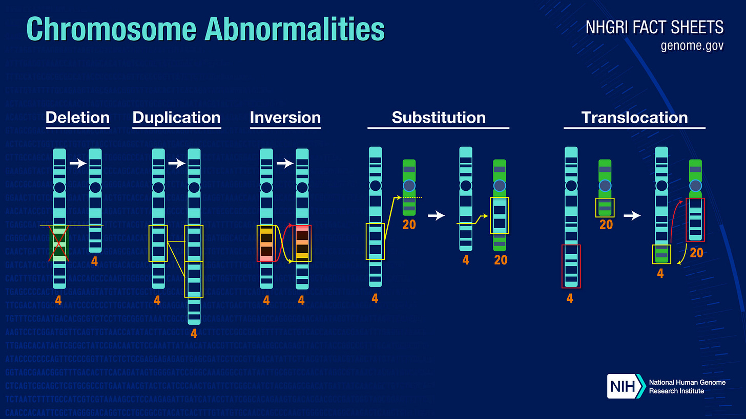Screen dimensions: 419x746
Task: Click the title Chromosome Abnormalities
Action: pyautogui.click(x=205, y=29)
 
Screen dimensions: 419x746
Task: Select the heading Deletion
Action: pyautogui.click(x=77, y=118)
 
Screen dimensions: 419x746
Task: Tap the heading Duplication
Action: pyautogui.click(x=176, y=118)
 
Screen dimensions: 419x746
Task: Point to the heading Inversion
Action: pyautogui.click(x=285, y=118)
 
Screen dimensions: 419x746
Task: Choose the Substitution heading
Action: pyautogui.click(x=438, y=118)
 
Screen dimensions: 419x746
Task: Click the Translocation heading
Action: pyautogui.click(x=634, y=118)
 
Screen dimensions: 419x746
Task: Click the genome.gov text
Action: pyautogui.click(x=692, y=46)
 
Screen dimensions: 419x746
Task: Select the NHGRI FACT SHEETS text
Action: pyautogui.click(x=654, y=27)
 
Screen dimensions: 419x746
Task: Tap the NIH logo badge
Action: pyautogui.click(x=625, y=386)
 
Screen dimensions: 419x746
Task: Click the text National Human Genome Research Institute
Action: pyautogui.click(x=687, y=387)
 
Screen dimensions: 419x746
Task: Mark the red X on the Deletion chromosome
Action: pyautogui.click(x=59, y=244)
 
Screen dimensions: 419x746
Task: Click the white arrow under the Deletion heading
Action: pyautogui.click(x=78, y=164)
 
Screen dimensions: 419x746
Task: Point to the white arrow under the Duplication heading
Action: pyautogui.click(x=177, y=164)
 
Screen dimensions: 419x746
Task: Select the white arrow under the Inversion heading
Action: pyautogui.click(x=285, y=164)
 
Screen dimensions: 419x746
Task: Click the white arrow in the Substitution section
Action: pyautogui.click(x=436, y=216)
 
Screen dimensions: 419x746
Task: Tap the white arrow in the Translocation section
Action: pyautogui.click(x=635, y=216)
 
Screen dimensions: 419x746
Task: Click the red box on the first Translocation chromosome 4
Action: pyautogui.click(x=571, y=266)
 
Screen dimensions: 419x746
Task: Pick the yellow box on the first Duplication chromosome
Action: pyautogui.click(x=158, y=243)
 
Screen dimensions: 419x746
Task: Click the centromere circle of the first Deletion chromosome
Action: pyautogui.click(x=59, y=187)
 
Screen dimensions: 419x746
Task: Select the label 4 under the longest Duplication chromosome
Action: pyautogui.click(x=194, y=334)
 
